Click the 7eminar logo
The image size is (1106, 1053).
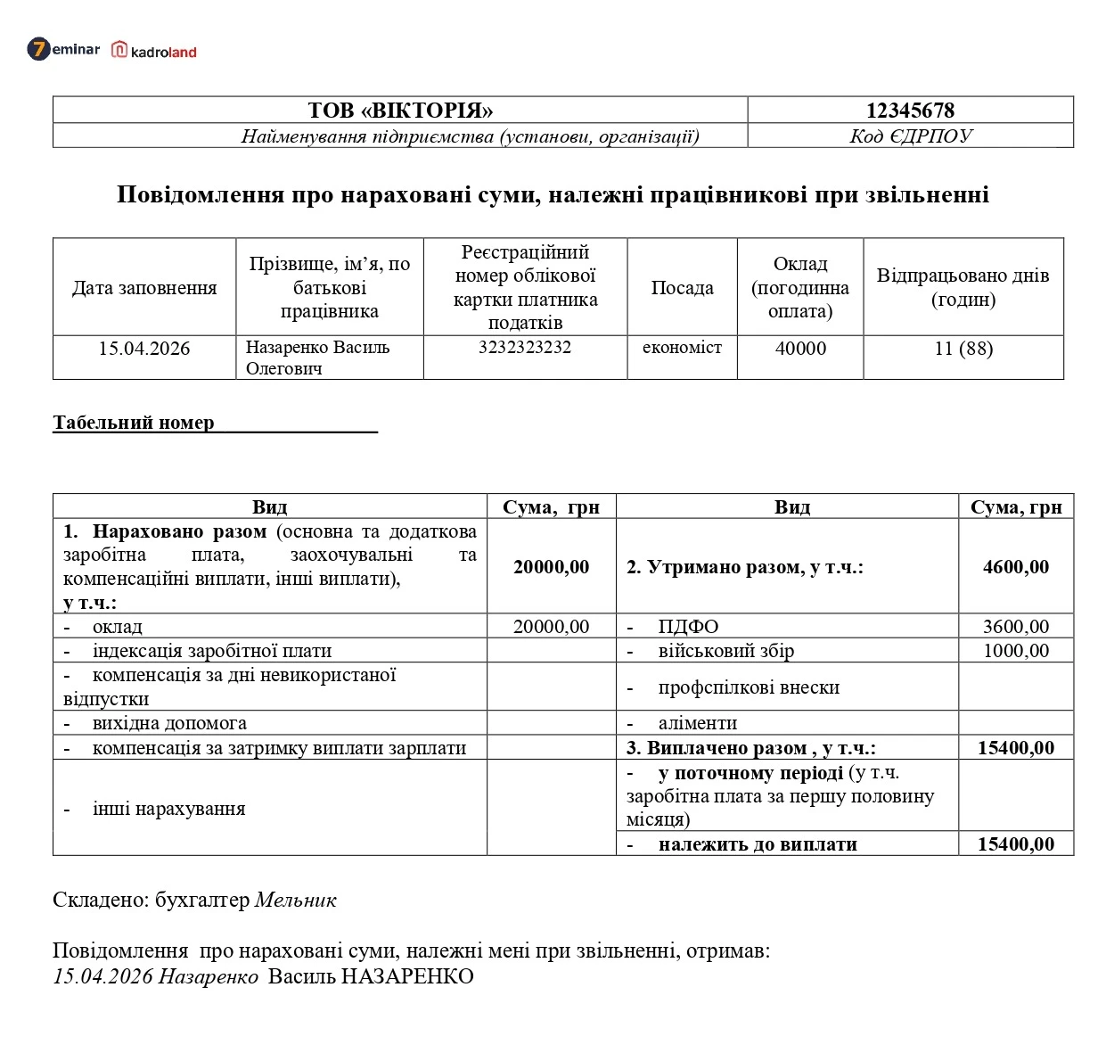click(63, 49)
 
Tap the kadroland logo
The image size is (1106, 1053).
click(154, 51)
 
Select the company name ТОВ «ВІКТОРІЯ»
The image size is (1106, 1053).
click(400, 111)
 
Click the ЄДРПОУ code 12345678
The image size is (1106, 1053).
click(910, 111)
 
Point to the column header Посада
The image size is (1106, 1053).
click(682, 288)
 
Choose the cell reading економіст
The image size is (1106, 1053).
click(682, 348)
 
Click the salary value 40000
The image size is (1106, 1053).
click(799, 349)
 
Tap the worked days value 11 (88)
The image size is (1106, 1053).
click(963, 349)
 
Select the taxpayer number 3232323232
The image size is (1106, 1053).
click(524, 348)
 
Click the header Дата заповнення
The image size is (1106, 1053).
click(144, 288)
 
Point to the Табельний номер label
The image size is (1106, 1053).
click(134, 423)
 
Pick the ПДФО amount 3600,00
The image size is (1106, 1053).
click(1016, 627)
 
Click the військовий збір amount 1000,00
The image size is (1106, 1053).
click(1016, 651)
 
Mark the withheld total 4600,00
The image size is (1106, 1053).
click(1016, 567)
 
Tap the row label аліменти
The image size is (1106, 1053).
click(697, 723)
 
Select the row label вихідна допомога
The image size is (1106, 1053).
click(169, 723)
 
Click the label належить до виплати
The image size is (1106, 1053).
click(757, 844)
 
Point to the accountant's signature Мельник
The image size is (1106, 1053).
click(296, 901)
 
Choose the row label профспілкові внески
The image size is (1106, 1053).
click(749, 687)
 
